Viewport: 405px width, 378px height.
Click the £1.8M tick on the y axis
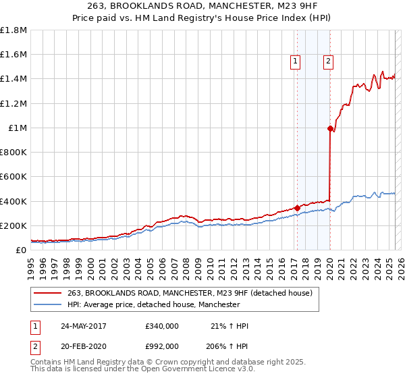pos(14,30)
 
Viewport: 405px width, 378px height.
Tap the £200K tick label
pos(13,225)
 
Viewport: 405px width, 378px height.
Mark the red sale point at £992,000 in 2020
pos(330,128)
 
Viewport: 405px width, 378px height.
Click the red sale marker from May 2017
pos(297,208)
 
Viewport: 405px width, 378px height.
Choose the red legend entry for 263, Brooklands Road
pos(190,293)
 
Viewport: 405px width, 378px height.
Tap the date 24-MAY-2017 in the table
pos(84,326)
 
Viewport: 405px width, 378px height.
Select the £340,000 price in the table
pos(161,326)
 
